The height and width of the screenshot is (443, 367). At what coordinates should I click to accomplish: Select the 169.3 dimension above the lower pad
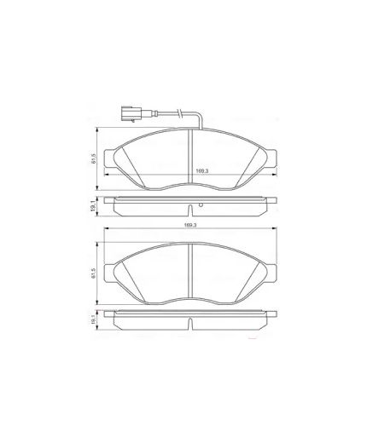[189, 225]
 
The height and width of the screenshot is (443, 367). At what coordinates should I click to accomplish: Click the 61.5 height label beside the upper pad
[93, 158]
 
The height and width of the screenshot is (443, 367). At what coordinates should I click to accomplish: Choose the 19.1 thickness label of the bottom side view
[93, 321]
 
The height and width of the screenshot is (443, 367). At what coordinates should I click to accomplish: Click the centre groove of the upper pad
[189, 158]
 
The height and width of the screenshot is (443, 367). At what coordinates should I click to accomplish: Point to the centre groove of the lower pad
[189, 271]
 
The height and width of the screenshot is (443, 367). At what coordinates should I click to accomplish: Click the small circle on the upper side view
[200, 206]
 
